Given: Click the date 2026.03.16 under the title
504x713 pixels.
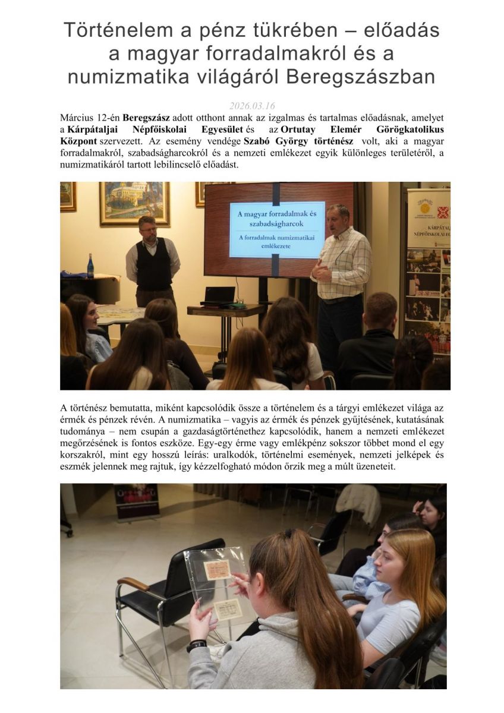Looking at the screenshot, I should pyautogui.click(x=252, y=106).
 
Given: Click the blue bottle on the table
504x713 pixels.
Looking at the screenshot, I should pyautogui.click(x=90, y=267).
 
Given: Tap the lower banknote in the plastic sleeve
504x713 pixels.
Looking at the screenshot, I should pyautogui.click(x=228, y=609).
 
